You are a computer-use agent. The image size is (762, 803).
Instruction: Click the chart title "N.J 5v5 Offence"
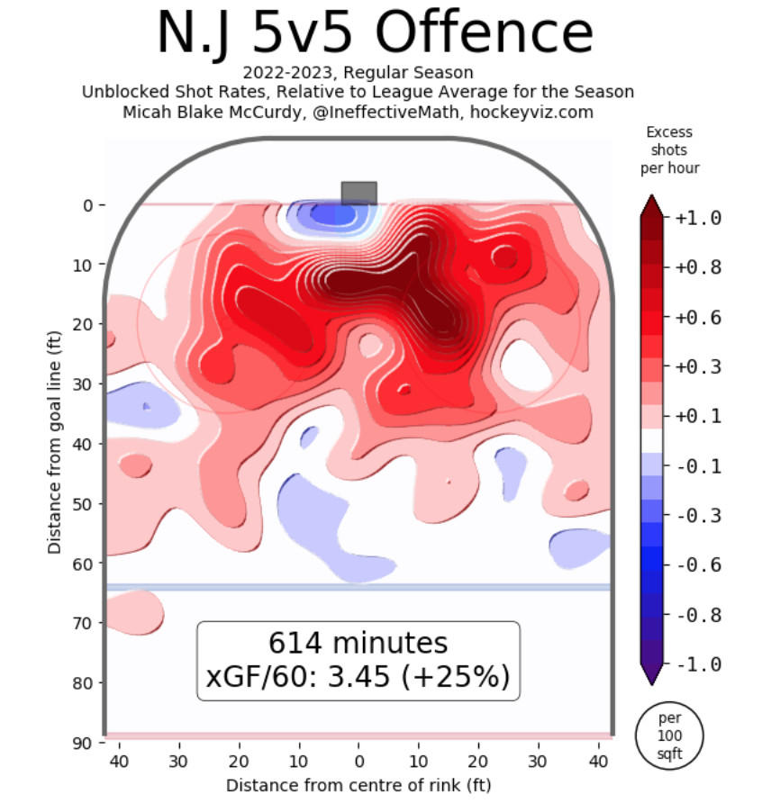pyautogui.click(x=376, y=34)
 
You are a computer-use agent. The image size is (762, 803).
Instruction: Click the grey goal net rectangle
pyautogui.click(x=358, y=193)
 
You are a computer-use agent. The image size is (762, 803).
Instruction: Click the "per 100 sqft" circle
pyautogui.click(x=670, y=734)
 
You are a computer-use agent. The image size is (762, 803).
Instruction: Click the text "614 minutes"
pyautogui.click(x=358, y=644)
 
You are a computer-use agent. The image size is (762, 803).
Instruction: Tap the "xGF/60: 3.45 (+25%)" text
pyautogui.click(x=358, y=676)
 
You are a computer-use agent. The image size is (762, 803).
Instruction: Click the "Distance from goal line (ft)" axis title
pyautogui.click(x=56, y=441)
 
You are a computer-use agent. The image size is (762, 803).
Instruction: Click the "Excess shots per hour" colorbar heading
pyautogui.click(x=669, y=149)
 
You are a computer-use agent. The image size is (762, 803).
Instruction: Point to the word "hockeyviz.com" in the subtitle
pyautogui.click(x=542, y=112)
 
